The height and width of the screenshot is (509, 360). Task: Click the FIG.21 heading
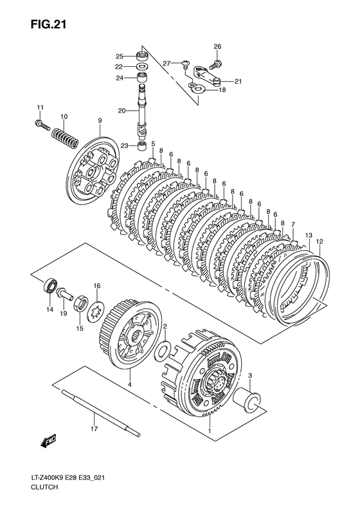[48, 24]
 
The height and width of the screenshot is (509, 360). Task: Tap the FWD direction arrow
[49, 441]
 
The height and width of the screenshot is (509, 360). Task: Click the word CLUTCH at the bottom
[44, 487]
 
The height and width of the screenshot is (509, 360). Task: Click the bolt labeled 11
[41, 125]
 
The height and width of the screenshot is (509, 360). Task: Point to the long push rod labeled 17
[100, 412]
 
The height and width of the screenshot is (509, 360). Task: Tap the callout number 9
[100, 121]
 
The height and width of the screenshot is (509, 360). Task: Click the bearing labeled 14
[50, 285]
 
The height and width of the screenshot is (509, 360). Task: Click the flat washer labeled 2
[161, 350]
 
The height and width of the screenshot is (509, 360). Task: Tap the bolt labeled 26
[215, 64]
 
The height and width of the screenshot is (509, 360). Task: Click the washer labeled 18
[198, 88]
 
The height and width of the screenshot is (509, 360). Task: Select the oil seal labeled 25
[141, 57]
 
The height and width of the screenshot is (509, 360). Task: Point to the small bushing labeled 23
[141, 146]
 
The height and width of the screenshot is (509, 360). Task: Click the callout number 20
[122, 111]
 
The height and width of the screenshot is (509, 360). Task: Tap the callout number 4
[129, 385]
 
